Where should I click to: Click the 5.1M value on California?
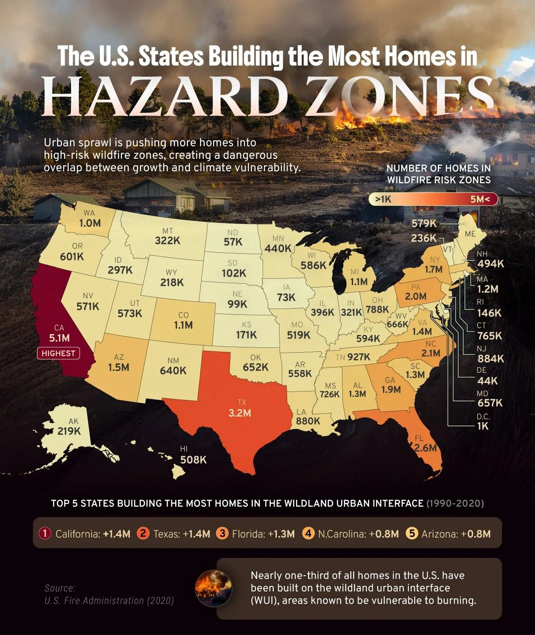coord(59,338)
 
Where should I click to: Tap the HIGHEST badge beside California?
coord(58,353)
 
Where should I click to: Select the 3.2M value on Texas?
coord(240,413)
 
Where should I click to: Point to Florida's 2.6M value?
coord(425,448)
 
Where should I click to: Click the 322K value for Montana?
coord(168,240)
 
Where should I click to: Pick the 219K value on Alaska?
coord(69,431)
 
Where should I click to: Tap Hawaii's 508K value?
coord(193,459)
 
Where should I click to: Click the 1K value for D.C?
coord(483,426)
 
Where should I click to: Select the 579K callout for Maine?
coord(424,223)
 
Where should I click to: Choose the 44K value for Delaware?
coord(487,381)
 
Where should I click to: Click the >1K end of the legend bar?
coord(383,199)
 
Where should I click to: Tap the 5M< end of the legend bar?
coord(480,199)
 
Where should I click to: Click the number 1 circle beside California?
coord(45,533)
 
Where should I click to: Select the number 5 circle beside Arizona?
coord(412,533)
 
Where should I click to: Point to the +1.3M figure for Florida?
coord(281,534)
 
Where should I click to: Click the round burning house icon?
coord(214,588)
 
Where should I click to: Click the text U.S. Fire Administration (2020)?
coord(109,601)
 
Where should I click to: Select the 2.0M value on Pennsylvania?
coord(416,297)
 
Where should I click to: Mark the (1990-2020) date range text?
coord(455,503)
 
